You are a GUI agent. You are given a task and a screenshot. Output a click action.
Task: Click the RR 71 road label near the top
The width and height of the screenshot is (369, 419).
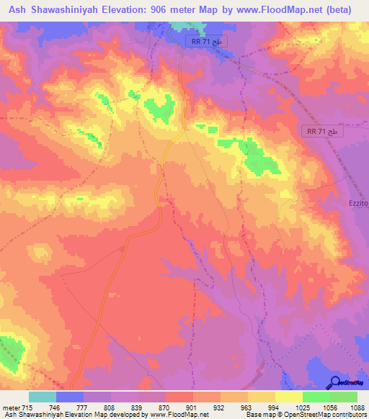[x=207, y=42]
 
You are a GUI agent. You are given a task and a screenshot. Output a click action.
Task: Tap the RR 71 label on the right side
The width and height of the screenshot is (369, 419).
[x=321, y=132]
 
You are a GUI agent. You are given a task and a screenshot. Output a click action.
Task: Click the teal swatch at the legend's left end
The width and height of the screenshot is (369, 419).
[x=43, y=397]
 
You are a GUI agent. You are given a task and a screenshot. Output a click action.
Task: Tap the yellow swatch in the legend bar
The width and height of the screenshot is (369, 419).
[x=288, y=397]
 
